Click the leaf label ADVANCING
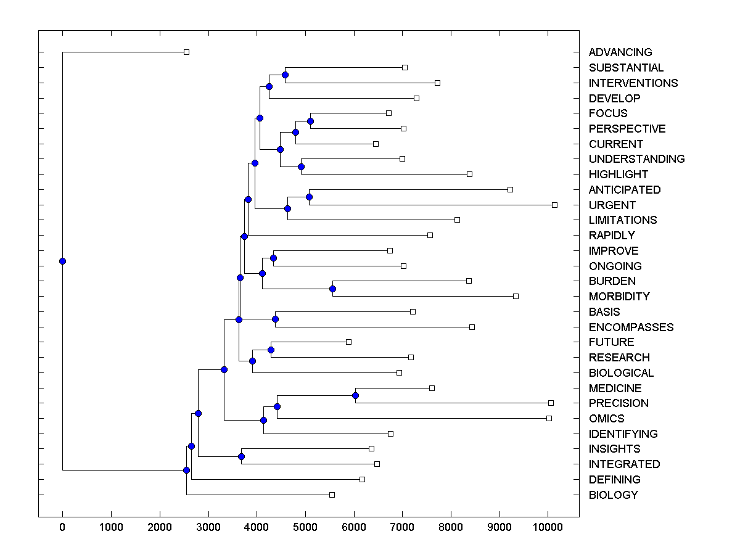click(x=620, y=52)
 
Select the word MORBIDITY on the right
click(x=619, y=297)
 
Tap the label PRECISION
click(x=619, y=403)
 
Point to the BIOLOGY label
click(x=613, y=495)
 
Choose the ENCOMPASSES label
click(x=631, y=327)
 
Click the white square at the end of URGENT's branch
click(x=554, y=205)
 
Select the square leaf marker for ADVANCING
click(x=187, y=52)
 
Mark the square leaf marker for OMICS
click(x=549, y=418)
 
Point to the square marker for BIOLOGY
click(x=332, y=495)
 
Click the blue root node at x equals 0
click(x=62, y=261)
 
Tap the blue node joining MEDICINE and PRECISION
click(x=355, y=395)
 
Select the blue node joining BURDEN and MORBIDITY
click(x=332, y=289)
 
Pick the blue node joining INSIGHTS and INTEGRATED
click(x=241, y=456)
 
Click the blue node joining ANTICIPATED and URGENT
click(x=309, y=197)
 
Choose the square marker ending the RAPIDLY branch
click(x=430, y=235)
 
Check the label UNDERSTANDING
click(x=636, y=159)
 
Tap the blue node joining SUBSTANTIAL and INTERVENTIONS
click(x=285, y=75)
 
